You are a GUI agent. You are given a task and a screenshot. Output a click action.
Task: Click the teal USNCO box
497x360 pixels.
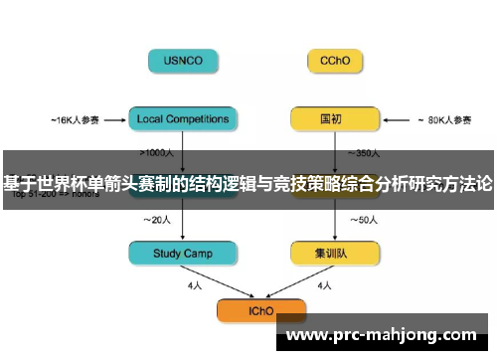point(184,60)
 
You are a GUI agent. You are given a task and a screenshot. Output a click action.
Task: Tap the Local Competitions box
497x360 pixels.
point(183,119)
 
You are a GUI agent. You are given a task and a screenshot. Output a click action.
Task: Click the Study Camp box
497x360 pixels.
point(184,254)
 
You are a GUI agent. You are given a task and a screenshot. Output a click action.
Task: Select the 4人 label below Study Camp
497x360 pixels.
point(194,285)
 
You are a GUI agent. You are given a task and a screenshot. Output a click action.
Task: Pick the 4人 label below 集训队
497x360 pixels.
point(324,285)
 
